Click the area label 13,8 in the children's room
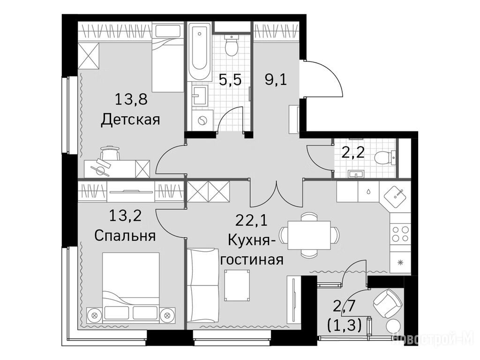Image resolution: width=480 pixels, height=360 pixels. coord(131,99)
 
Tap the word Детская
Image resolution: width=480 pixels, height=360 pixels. coord(130,120)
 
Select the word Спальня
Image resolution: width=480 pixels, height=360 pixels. coord(125,236)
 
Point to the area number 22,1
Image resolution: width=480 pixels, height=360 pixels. coord(251,220)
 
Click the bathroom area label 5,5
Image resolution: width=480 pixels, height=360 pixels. coord(230,80)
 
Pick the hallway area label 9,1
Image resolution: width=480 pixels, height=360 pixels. coord(276,80)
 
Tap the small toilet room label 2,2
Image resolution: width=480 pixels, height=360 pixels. coord(353,152)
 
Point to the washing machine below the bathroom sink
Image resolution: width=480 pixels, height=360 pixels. coord(202,120)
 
